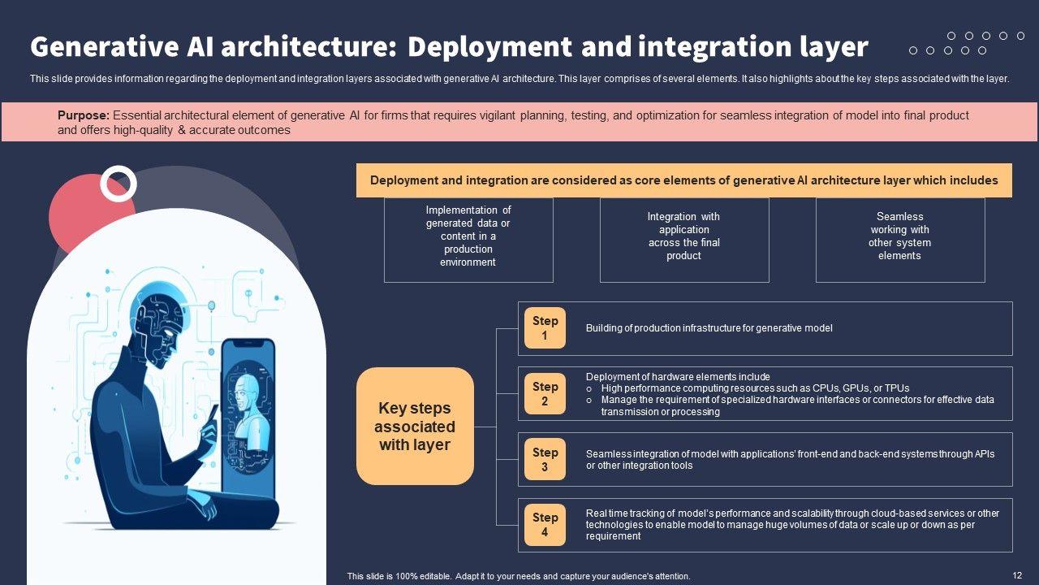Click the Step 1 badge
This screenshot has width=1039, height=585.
[x=545, y=328]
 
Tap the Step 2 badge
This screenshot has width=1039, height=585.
[x=545, y=394]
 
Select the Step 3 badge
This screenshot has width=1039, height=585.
[x=545, y=460]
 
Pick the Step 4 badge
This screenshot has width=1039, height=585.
[x=545, y=525]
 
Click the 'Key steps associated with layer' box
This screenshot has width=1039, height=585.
[x=415, y=427]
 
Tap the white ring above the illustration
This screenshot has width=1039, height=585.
[x=119, y=184]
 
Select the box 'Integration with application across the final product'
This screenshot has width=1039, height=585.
[x=684, y=240]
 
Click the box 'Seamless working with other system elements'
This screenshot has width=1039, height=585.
[x=900, y=240]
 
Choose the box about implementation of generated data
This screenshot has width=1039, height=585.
[x=468, y=240]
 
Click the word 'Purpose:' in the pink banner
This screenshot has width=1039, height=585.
[x=84, y=115]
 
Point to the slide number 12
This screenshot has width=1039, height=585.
[x=1017, y=575]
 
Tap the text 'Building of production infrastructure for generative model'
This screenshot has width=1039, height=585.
[x=709, y=328]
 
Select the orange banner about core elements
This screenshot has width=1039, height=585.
[x=684, y=180]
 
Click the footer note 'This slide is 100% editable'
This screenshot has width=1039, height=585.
[x=518, y=576]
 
